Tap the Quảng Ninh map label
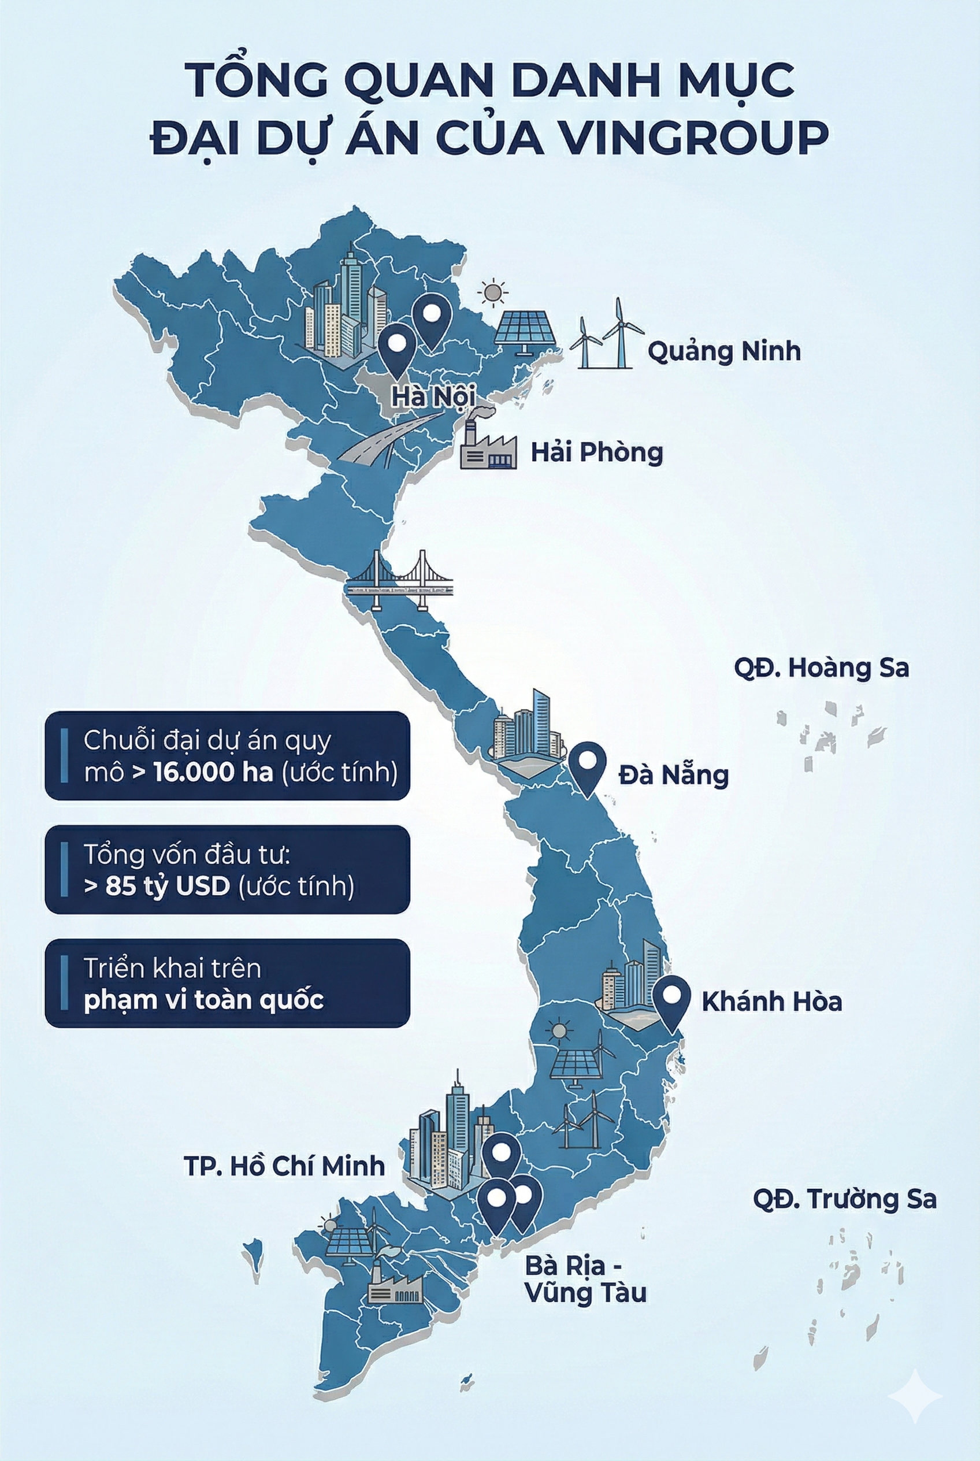pos(724,351)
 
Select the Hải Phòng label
pos(596,452)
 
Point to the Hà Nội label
pos(432,396)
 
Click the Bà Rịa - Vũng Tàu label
pos(584,1280)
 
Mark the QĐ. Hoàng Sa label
pos(821,668)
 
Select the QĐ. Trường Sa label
pos(844,1199)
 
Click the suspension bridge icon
pos(400,580)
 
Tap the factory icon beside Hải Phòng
pos(488,445)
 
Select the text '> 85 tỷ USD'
pos(157,886)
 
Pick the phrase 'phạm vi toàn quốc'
pos(204,1000)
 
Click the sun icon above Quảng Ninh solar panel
pos(492,292)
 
